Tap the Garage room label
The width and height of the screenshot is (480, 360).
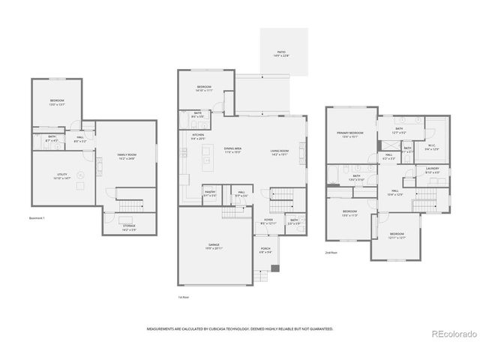[213, 245]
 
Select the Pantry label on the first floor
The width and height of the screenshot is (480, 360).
[210, 193]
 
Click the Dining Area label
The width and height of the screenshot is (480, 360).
[232, 149]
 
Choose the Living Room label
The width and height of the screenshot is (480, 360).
[280, 152]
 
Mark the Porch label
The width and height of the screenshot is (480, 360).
[265, 251]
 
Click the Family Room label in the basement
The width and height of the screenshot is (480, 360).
[125, 156]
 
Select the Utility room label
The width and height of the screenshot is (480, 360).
[61, 176]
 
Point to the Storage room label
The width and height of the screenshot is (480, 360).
[129, 226]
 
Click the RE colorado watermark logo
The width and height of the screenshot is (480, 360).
[451, 334]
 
